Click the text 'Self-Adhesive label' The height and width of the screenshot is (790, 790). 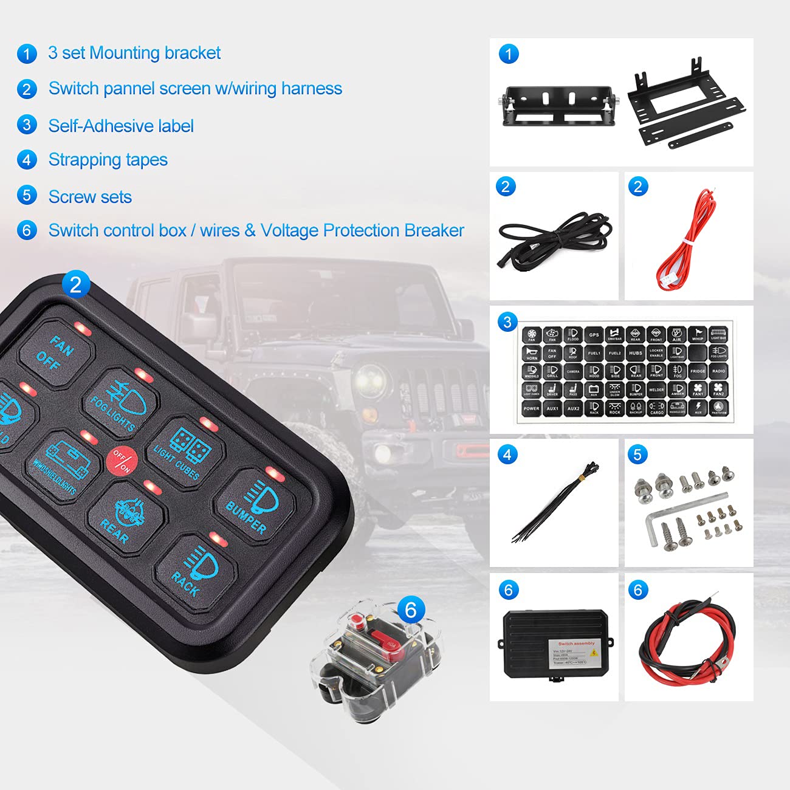click(x=121, y=126)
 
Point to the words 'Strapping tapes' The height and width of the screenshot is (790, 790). click(x=108, y=160)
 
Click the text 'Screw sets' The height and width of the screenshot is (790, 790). click(x=90, y=197)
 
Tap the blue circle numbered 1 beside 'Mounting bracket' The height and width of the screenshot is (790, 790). click(x=27, y=53)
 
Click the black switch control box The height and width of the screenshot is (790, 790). click(x=554, y=644)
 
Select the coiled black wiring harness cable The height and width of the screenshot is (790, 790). click(x=553, y=240)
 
